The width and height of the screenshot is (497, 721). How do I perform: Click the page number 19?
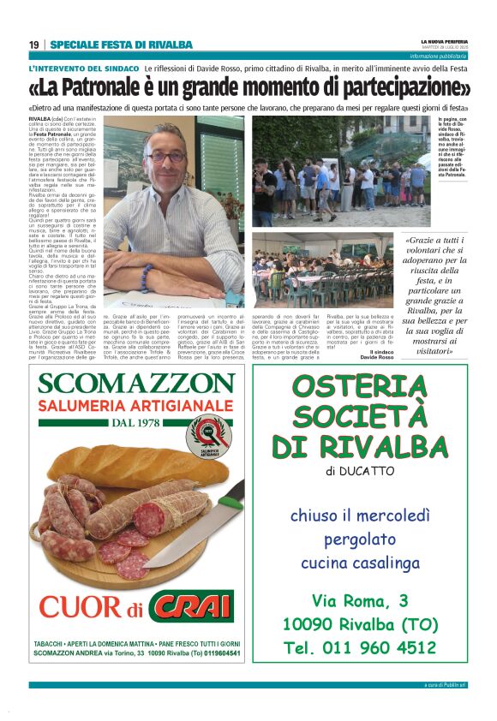(x=33, y=45)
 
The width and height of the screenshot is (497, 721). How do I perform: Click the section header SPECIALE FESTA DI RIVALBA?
(x=121, y=45)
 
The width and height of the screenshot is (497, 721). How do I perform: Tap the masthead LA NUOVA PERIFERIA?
(x=442, y=40)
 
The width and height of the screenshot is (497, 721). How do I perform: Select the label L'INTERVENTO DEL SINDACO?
(x=82, y=68)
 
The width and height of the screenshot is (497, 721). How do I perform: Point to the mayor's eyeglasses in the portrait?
(x=165, y=156)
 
